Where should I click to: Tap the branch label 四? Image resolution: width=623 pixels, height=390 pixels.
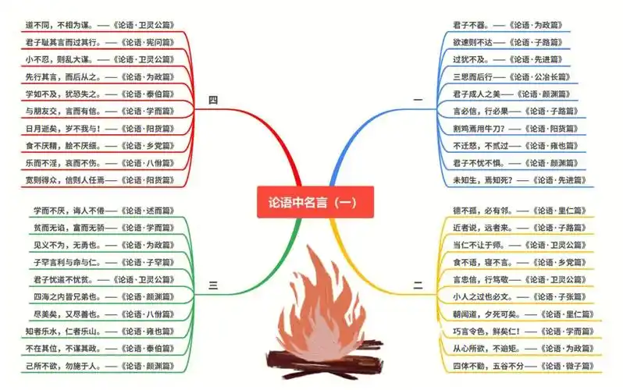[213, 99]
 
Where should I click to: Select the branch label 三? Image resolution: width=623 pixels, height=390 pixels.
[213, 286]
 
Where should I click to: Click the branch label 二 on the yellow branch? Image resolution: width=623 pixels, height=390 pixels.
[418, 286]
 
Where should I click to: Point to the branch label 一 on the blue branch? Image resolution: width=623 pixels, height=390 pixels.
[418, 99]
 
